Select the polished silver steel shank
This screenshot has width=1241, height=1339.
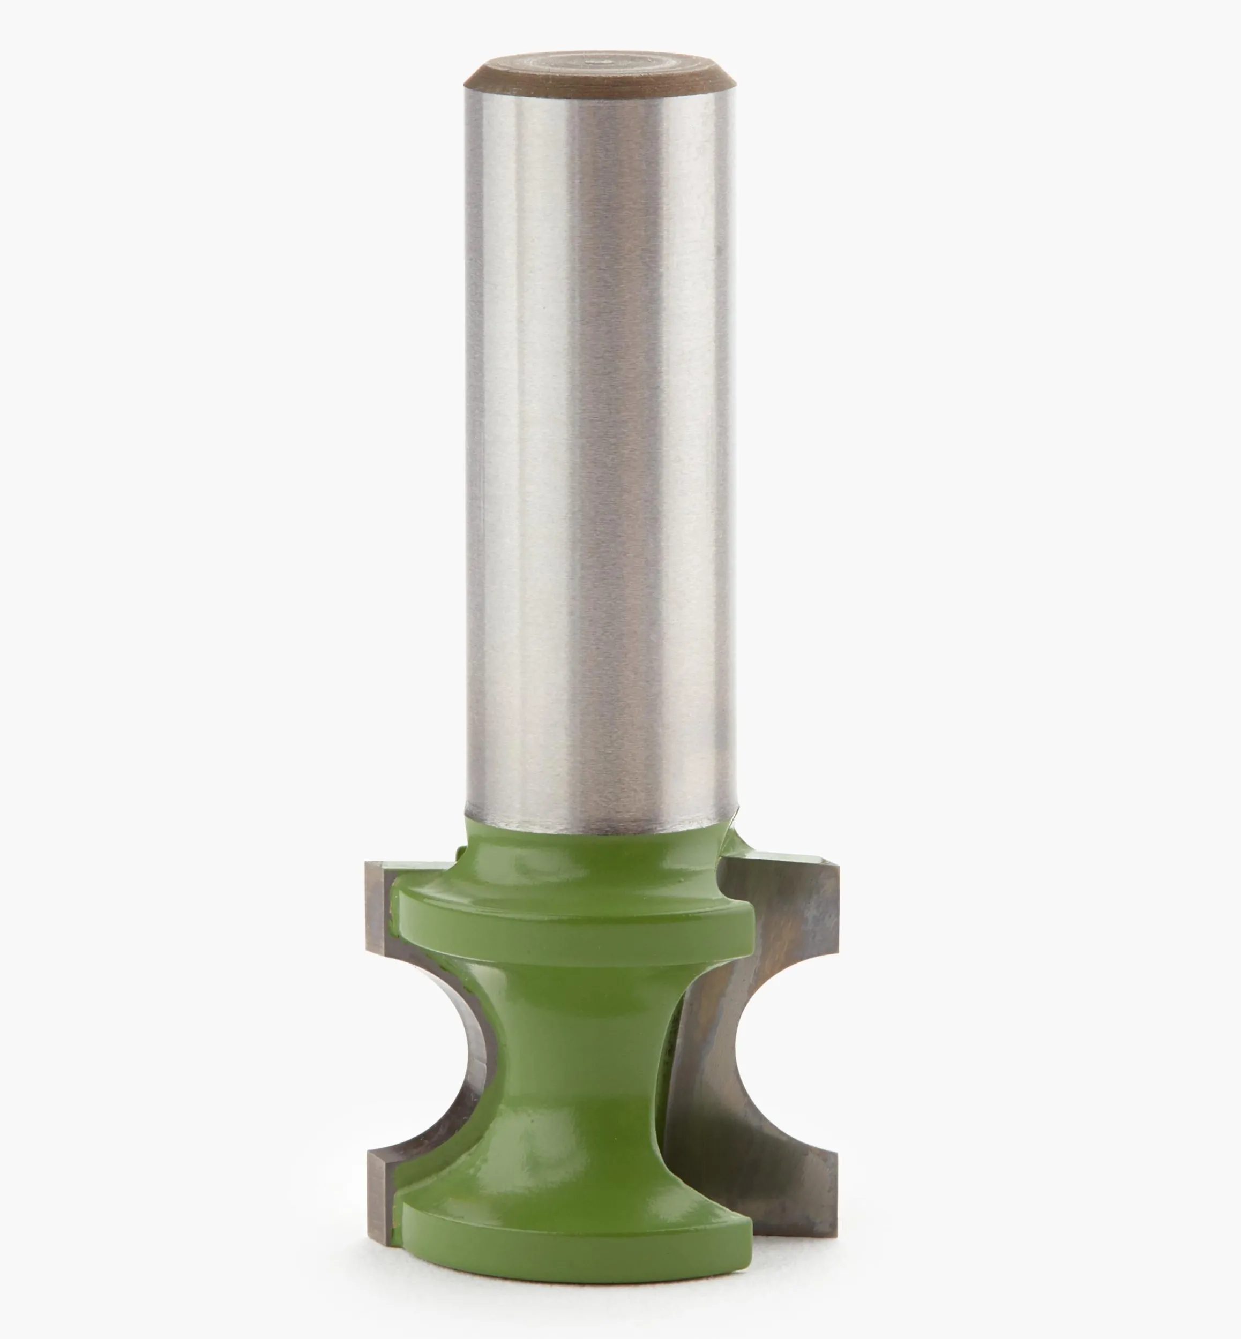599,437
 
